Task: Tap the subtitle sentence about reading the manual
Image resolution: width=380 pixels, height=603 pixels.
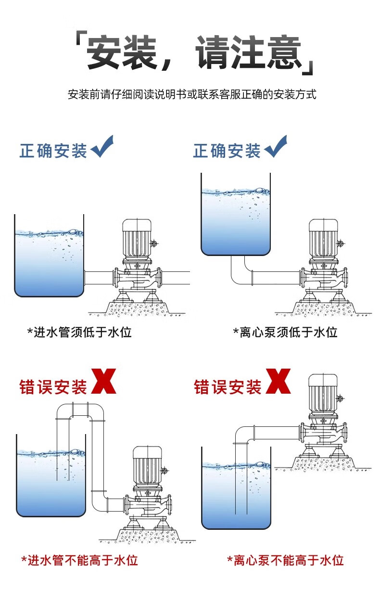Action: pyautogui.click(x=192, y=94)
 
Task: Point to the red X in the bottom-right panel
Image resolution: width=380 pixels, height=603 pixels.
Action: pyautogui.click(x=278, y=382)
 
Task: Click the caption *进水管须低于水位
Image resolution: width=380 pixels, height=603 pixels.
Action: pyautogui.click(x=79, y=332)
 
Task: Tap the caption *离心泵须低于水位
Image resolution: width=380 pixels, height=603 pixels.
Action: pyautogui.click(x=285, y=332)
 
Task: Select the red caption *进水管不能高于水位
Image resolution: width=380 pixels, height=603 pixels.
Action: pyautogui.click(x=80, y=560)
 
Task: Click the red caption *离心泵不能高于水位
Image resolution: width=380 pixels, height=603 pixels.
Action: pyautogui.click(x=285, y=560)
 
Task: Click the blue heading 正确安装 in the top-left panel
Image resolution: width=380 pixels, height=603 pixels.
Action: pyautogui.click(x=53, y=151)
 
